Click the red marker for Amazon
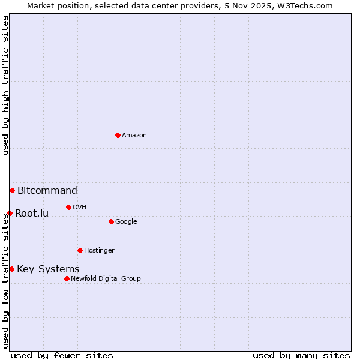[118, 135]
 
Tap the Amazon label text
[134, 136]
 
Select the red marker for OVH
[68, 207]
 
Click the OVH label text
[80, 208]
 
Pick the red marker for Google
[111, 221]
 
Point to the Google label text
[126, 222]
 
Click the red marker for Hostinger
[80, 250]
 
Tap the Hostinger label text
[99, 251]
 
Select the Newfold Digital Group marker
[67, 278]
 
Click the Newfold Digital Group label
[106, 279]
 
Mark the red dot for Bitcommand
[12, 190]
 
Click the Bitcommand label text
[47, 191]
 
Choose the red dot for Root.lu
[10, 213]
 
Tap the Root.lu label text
[32, 214]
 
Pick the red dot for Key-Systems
[11, 269]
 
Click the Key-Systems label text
[48, 269]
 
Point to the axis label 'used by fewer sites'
[62, 355]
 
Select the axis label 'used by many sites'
[301, 355]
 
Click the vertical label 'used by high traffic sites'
[5, 85]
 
